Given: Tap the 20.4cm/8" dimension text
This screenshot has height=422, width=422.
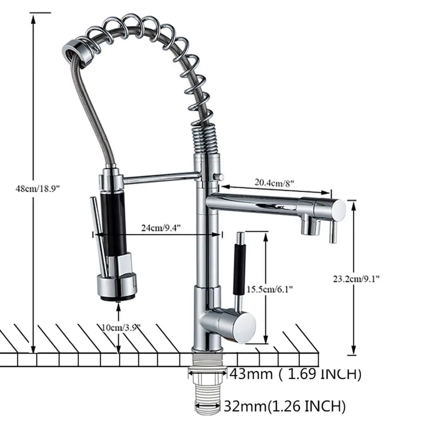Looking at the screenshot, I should tap(274, 183).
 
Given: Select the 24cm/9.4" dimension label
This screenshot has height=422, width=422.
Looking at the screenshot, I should tap(161, 228).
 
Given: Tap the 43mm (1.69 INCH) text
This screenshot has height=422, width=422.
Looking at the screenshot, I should tap(294, 374).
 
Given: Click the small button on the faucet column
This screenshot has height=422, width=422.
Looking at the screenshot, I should tap(218, 176).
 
